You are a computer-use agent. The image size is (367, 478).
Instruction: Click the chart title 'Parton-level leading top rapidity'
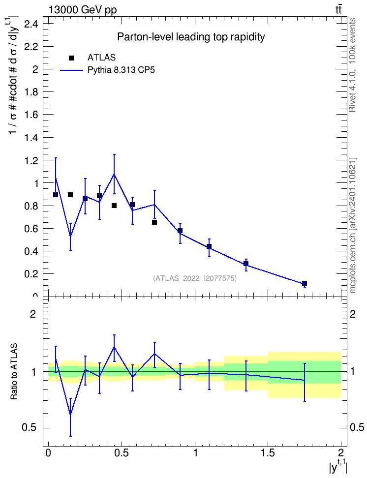pos(191,37)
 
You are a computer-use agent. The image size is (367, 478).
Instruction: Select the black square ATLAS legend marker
pos(71,58)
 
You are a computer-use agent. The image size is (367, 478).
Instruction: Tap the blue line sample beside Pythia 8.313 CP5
pos(71,70)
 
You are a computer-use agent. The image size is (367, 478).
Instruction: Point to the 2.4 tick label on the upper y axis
pos(31,24)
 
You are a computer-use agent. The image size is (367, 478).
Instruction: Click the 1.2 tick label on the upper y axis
pos(31,160)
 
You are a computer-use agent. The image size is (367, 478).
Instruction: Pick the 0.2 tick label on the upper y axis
pos(31,274)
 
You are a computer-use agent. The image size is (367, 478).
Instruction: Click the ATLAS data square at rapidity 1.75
pos(304,284)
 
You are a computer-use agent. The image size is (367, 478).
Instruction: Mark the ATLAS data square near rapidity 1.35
pos(246,264)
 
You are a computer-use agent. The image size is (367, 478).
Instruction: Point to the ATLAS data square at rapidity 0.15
pos(70,195)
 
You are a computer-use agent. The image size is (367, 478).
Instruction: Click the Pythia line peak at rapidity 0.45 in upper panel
pos(114,174)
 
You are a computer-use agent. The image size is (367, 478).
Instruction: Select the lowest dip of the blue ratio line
pos(70,414)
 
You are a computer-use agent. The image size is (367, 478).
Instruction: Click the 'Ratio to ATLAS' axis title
pos(14,371)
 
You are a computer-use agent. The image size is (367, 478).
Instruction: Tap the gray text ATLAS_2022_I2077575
pos(195,278)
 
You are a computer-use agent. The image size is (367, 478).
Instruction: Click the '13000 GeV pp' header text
pos(83,10)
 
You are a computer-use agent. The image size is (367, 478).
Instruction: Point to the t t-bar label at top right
pos(338,10)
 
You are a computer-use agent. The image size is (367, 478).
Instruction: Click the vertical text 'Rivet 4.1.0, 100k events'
pos(352,65)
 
